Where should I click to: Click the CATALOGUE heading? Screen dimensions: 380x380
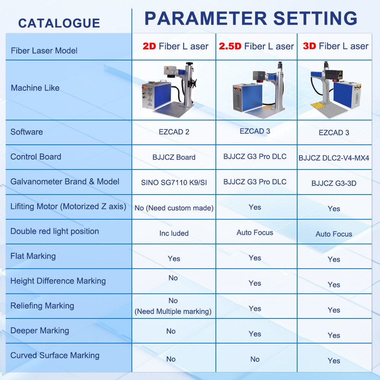click(59, 23)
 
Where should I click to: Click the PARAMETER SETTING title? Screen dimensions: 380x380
click(251, 18)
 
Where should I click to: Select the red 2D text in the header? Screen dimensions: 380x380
click(149, 46)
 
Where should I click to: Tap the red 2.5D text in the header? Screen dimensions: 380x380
click(230, 46)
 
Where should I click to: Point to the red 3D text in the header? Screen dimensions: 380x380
click(309, 46)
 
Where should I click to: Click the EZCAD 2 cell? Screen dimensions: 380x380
click(174, 132)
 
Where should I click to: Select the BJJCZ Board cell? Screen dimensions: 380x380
click(174, 157)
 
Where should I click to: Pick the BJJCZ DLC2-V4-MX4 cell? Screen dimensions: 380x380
click(334, 158)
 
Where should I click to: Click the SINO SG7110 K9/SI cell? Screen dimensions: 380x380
click(174, 182)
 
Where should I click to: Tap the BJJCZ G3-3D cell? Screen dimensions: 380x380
click(334, 183)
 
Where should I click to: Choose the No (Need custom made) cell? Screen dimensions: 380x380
click(174, 208)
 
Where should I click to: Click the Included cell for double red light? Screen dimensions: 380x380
click(174, 233)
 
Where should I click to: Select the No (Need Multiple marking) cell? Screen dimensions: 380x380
click(173, 306)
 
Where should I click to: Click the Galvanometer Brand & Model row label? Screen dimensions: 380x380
click(65, 182)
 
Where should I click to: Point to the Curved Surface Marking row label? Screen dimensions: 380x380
click(55, 355)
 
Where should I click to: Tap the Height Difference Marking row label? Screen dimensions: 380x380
click(58, 281)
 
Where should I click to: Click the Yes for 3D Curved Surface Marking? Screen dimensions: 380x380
click(334, 361)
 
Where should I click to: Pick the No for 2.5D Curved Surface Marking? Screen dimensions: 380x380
click(255, 359)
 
